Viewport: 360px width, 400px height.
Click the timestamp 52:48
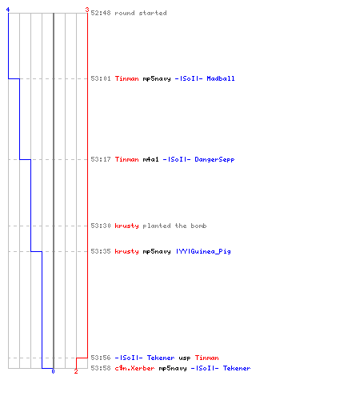pyautogui.click(x=101, y=13)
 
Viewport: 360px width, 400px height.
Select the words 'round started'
pyautogui.click(x=141, y=13)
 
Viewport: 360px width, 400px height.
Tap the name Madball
pyautogui.click(x=221, y=78)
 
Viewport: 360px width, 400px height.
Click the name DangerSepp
pyautogui.click(x=214, y=159)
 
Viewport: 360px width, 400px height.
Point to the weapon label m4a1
pyautogui.click(x=151, y=159)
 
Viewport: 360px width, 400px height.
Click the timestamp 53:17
pyautogui.click(x=101, y=159)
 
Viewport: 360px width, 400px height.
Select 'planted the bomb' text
pyautogui.click(x=174, y=226)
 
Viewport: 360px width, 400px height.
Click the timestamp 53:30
pyautogui.click(x=101, y=226)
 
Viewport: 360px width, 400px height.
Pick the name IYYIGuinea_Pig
pyautogui.click(x=203, y=251)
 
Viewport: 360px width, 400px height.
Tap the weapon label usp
pyautogui.click(x=185, y=358)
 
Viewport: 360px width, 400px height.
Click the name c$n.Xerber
pyautogui.click(x=134, y=368)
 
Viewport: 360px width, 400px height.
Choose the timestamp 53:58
pyautogui.click(x=101, y=368)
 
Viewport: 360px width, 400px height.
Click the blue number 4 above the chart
pyautogui.click(x=8, y=10)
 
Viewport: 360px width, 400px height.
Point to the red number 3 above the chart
pyautogui.click(x=87, y=10)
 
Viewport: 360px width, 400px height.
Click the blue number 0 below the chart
pyautogui.click(x=53, y=371)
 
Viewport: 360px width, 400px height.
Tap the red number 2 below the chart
pyautogui.click(x=76, y=371)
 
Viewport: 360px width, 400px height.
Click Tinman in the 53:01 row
pyautogui.click(x=127, y=78)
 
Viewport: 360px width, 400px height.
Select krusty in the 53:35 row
pyautogui.click(x=127, y=251)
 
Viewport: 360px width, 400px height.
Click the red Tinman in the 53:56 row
pyautogui.click(x=207, y=358)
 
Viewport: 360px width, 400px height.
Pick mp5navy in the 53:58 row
pyautogui.click(x=173, y=368)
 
